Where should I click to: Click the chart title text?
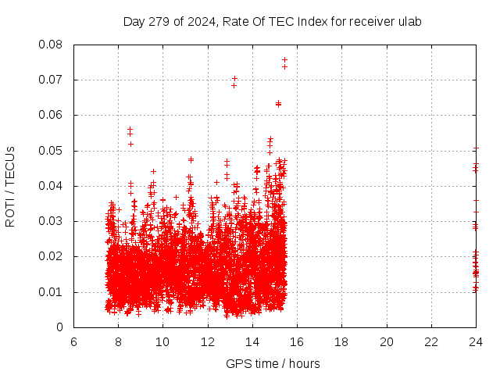point(272,21)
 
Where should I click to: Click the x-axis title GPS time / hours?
point(272,363)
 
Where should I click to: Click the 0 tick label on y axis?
point(59,327)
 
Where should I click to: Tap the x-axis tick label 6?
point(73,342)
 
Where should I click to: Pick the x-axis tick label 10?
point(162,342)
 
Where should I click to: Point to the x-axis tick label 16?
point(297,342)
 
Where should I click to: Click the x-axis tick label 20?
point(387,342)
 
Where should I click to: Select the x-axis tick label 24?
point(476,342)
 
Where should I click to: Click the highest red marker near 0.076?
point(284,59)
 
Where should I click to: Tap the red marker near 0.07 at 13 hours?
point(234,78)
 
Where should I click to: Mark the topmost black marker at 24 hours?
point(476,148)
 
